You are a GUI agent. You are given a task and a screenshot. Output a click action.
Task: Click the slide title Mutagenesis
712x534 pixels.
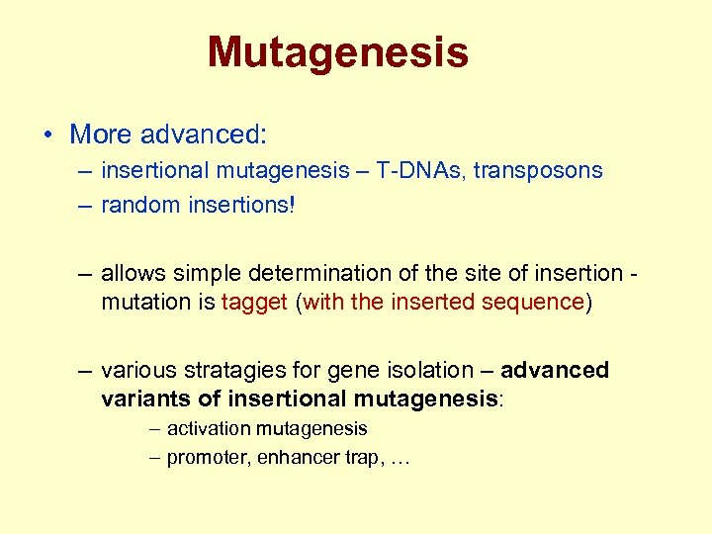337,52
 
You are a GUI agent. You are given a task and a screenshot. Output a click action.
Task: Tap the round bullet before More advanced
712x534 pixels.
48,134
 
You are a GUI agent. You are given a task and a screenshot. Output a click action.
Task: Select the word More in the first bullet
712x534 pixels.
103,133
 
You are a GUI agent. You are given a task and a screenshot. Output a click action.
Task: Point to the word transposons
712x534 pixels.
537,170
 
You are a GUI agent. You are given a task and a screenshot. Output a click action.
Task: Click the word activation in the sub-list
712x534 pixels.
206,429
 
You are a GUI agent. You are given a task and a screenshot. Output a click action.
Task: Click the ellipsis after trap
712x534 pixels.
398,460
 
